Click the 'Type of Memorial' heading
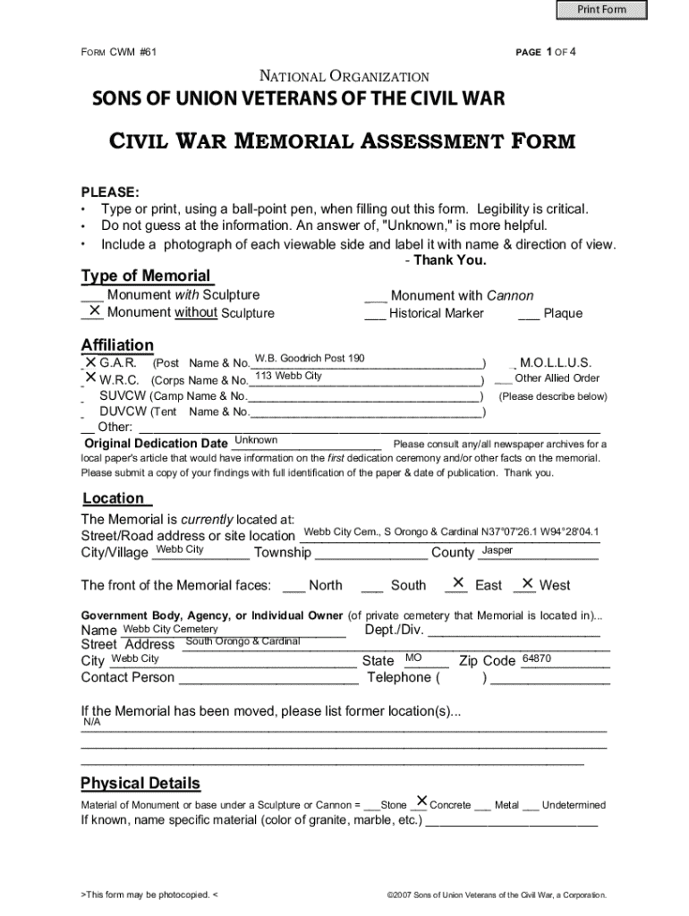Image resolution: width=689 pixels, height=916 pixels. pos(146,276)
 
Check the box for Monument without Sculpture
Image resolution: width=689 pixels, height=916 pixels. pos(92,311)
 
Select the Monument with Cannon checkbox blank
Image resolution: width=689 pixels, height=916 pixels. pos(375,296)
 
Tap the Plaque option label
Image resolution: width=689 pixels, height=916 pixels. pos(563,313)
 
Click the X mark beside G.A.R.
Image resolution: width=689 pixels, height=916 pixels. pos(90,362)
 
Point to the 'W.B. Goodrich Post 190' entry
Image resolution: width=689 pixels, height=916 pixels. pos(310,359)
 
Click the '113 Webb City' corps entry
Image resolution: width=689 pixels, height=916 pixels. pos(288,376)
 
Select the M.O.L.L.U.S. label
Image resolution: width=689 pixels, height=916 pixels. pos(555,363)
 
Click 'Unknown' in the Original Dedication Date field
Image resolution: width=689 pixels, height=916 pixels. pos(255,440)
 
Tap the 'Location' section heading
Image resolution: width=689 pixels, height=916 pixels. pos(114,498)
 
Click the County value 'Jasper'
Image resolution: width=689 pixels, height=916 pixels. pos(498,550)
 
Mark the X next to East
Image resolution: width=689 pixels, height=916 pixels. pos(458,583)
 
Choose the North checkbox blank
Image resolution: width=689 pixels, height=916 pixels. pos(293,586)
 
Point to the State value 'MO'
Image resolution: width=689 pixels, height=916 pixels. pos(413,658)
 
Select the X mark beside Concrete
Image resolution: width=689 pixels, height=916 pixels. pos(421,801)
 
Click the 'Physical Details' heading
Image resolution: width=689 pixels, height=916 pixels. pos(140,784)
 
